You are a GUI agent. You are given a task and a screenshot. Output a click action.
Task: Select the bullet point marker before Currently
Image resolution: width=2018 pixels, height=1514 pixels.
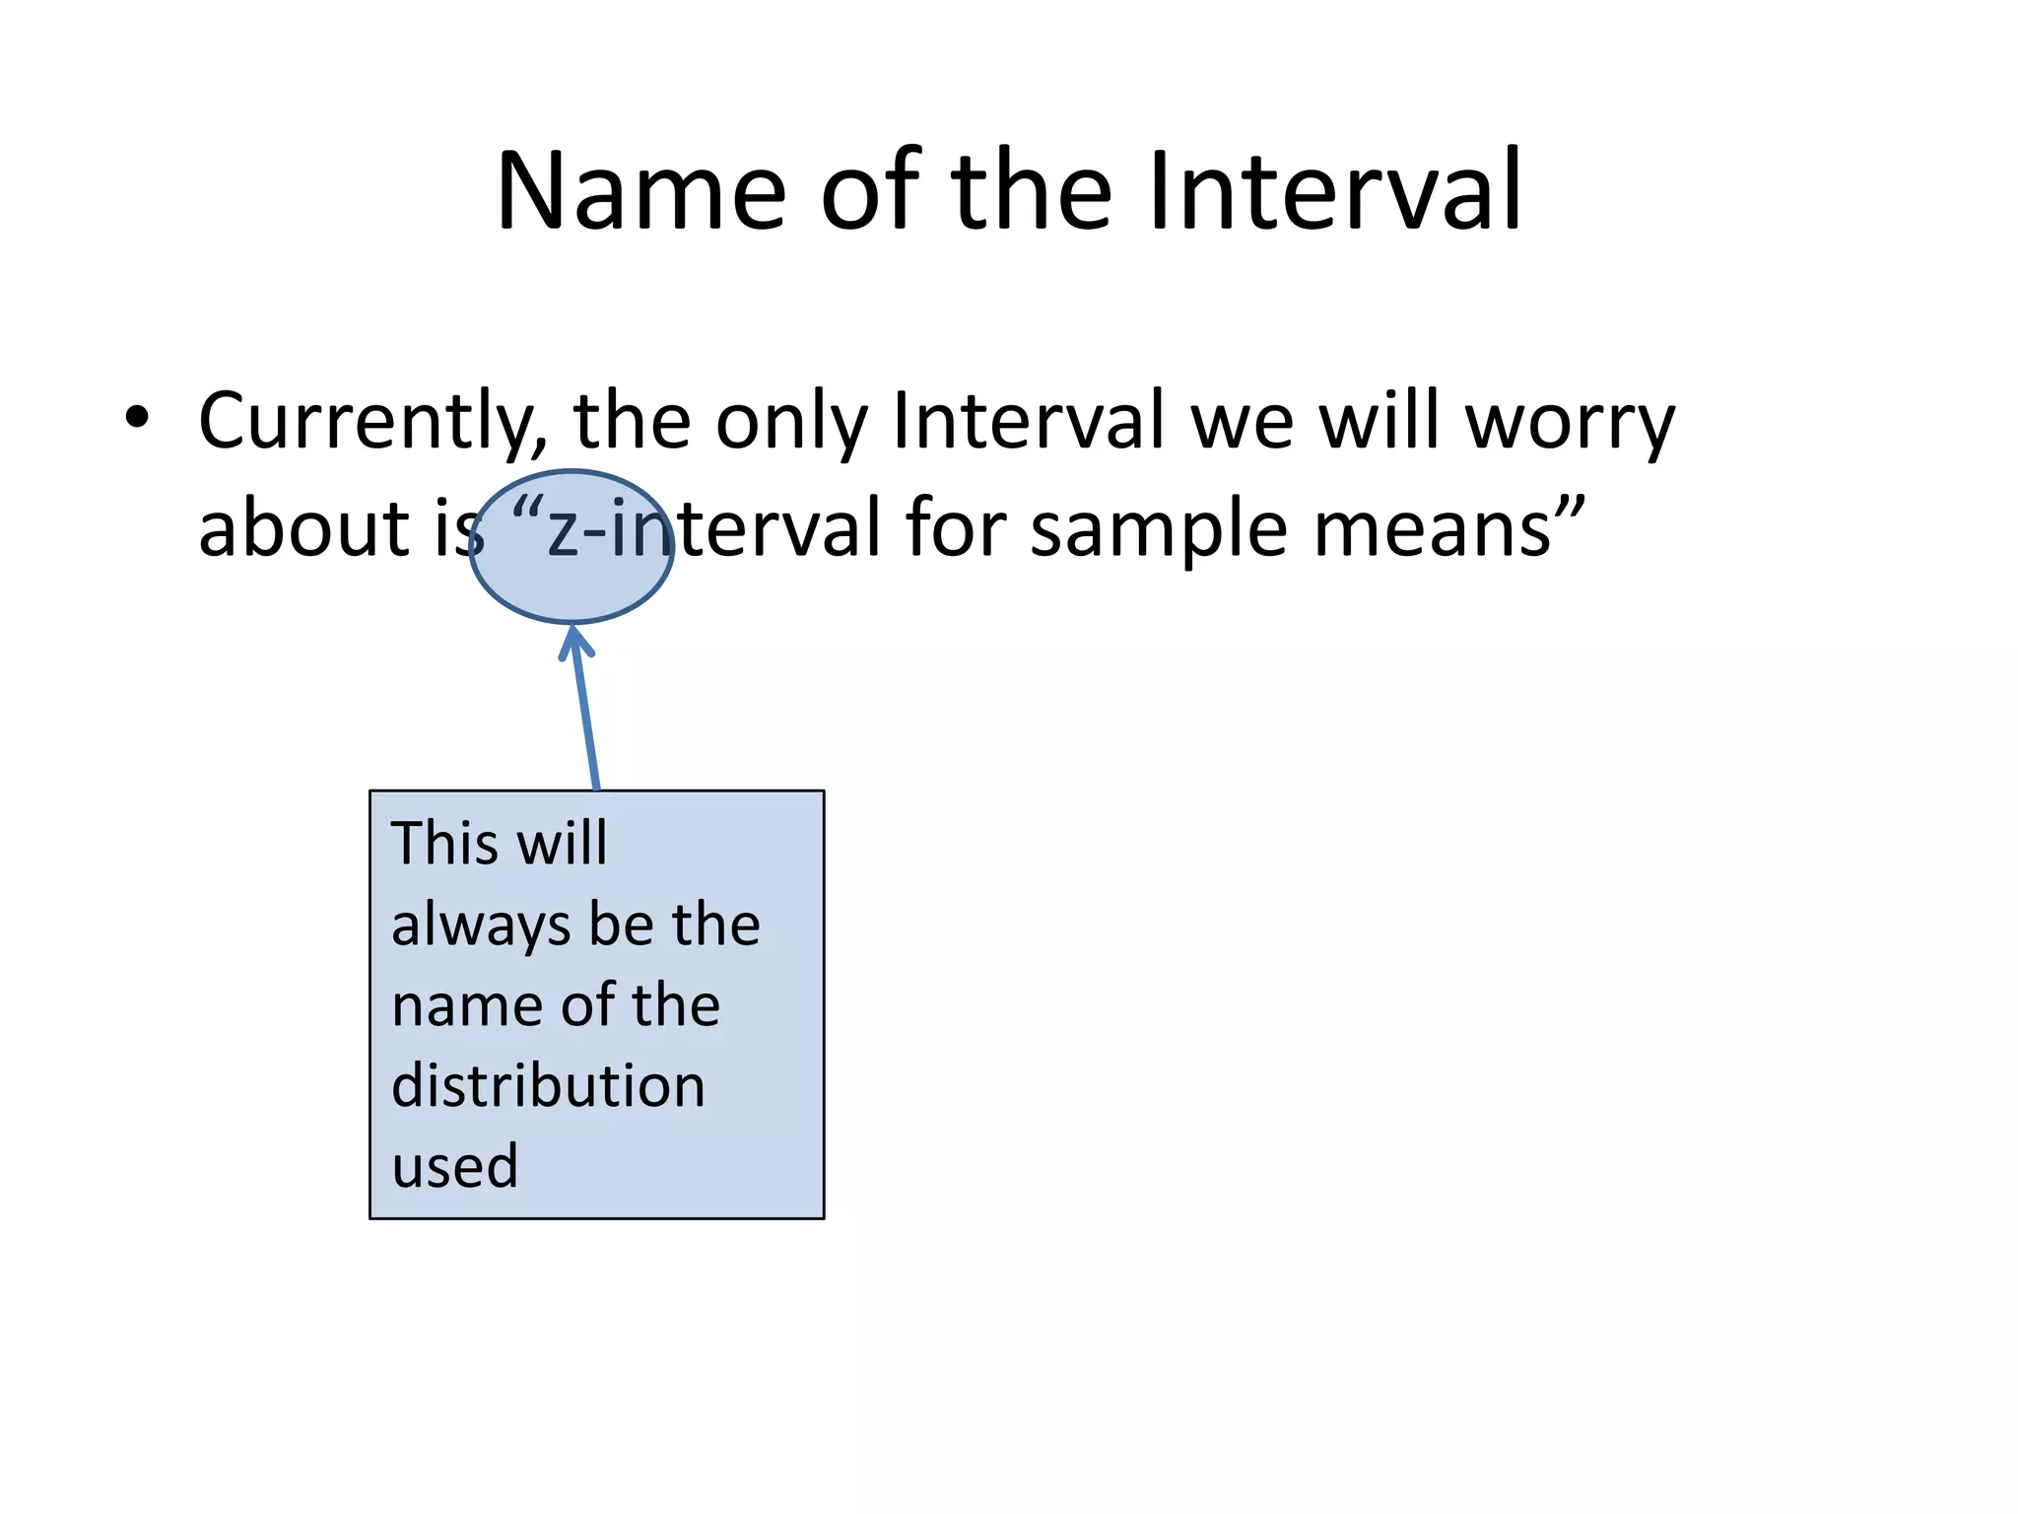coord(137,418)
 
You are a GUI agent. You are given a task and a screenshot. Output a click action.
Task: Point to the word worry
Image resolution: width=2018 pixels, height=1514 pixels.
coord(1570,422)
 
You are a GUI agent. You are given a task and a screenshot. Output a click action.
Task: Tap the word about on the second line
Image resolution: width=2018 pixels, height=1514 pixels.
coord(303,528)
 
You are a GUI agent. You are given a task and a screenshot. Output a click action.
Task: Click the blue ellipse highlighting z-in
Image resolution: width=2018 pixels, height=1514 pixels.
coord(572,582)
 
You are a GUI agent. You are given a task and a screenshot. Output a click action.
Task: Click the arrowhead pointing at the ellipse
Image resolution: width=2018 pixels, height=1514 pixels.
coord(574,643)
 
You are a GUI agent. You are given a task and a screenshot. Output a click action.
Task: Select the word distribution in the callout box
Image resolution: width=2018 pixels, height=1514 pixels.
coord(548,1086)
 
